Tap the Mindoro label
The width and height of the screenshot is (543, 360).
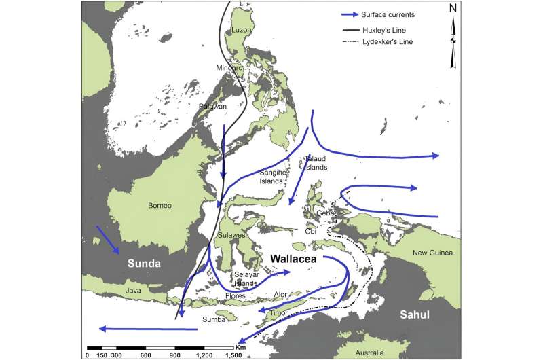coord(229,67)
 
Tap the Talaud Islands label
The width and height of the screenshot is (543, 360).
coord(316,162)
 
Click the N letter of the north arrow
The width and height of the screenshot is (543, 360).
coord(453,9)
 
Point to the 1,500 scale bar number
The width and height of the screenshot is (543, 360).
coord(232,355)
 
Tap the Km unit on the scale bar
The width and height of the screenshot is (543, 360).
coord(241,346)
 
